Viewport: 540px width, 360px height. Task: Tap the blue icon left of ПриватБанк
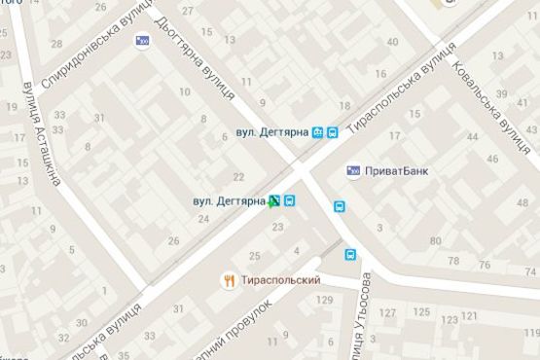(x=353, y=170)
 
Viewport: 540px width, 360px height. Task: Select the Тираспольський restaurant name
(x=283, y=280)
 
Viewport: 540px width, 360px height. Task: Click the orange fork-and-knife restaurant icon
(x=230, y=280)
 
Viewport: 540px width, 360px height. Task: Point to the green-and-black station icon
(x=275, y=201)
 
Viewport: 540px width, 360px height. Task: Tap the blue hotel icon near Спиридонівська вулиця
(x=144, y=41)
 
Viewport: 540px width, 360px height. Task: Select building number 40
(x=393, y=42)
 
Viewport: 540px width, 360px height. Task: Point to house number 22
(x=238, y=177)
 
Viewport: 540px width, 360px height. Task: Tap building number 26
(x=174, y=241)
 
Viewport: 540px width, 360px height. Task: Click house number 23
(x=278, y=227)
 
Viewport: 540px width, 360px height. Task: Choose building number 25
(x=255, y=256)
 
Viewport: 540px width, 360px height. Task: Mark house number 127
(x=388, y=313)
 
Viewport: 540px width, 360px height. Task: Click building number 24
(x=204, y=219)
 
